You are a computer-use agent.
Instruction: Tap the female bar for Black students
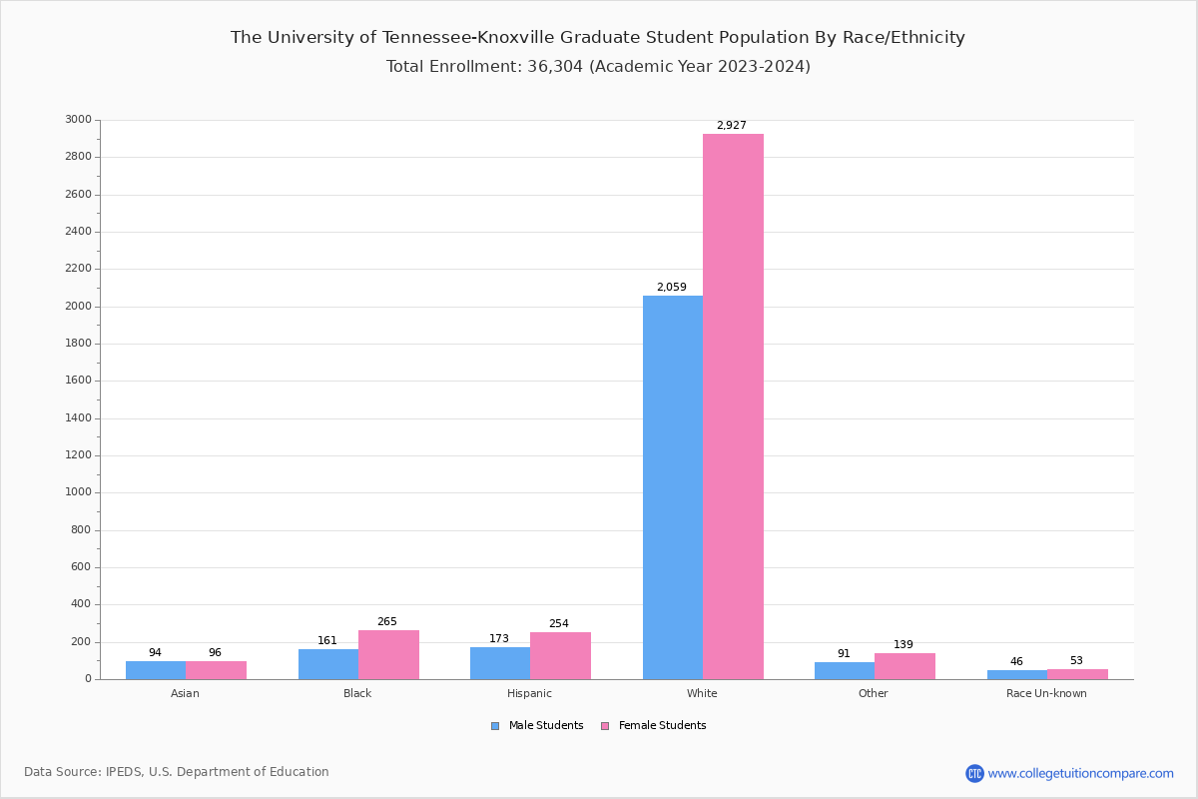[388, 654]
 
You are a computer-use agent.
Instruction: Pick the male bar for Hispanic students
[500, 663]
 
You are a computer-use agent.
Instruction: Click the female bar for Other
[904, 666]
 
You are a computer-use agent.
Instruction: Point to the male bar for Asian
[156, 670]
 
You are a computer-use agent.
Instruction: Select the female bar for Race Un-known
[1077, 674]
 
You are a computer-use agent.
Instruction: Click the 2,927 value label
[731, 126]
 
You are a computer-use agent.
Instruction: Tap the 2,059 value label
[671, 288]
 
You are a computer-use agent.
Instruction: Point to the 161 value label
[327, 641]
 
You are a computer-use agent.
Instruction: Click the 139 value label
[903, 645]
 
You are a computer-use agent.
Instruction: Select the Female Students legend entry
[653, 726]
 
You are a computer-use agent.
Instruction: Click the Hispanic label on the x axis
[529, 693]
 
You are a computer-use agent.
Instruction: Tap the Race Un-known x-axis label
[1046, 693]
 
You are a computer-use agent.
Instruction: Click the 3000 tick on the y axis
[78, 120]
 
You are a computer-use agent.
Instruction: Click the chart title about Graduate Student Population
[598, 38]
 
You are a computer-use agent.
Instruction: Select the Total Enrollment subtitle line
[598, 67]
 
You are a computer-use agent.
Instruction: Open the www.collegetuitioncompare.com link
[1080, 773]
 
